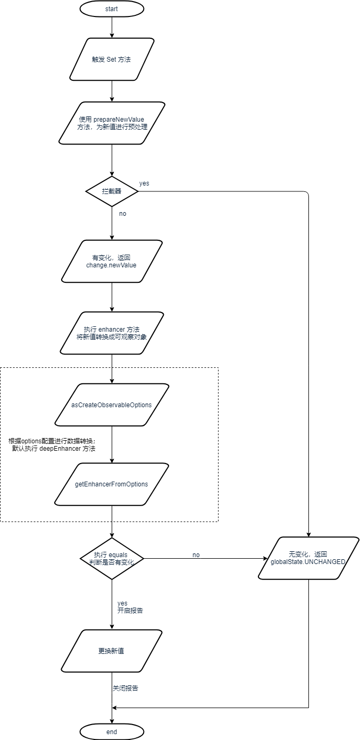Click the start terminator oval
(112, 9)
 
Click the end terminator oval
(112, 732)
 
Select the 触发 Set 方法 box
(112, 59)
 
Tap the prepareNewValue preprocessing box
(112, 123)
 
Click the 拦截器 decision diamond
(112, 191)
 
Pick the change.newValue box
(112, 261)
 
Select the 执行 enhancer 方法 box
(112, 333)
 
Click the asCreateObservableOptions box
(112, 405)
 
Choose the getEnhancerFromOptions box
(112, 484)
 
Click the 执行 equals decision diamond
(112, 558)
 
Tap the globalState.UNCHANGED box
(308, 558)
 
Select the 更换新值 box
(112, 651)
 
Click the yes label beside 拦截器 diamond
(144, 183)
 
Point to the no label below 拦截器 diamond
(123, 214)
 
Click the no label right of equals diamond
(196, 555)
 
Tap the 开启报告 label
(130, 611)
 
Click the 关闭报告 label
(125, 688)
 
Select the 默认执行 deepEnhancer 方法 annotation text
(53, 449)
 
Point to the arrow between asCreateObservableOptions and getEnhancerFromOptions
(112, 444)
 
